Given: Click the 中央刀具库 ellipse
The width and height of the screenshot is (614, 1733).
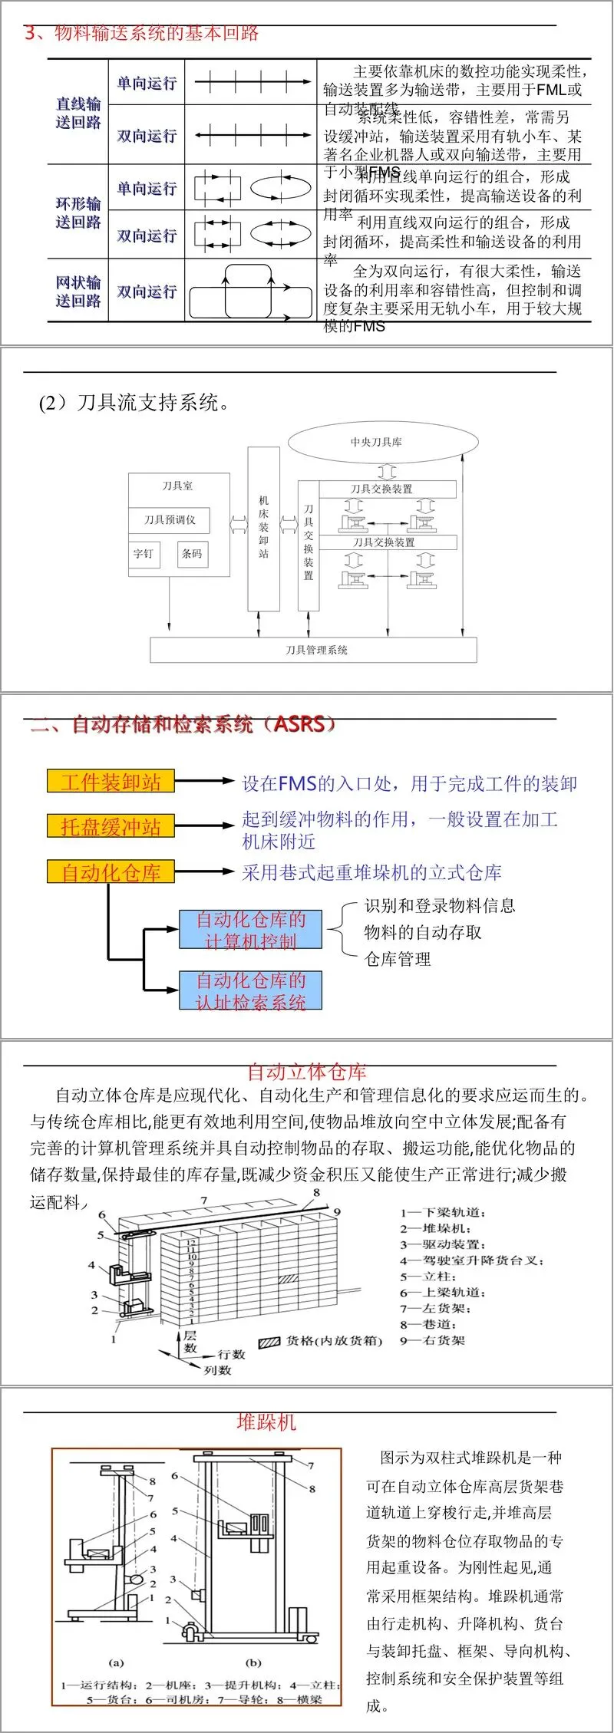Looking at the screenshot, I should click(x=383, y=442).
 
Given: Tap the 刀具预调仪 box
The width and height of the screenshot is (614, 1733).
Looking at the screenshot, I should click(x=169, y=520).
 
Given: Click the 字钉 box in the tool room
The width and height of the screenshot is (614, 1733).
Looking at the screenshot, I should click(x=144, y=553).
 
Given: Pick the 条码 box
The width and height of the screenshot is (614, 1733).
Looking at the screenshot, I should click(x=192, y=553).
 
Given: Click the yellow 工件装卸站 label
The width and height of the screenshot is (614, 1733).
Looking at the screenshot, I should click(x=111, y=782).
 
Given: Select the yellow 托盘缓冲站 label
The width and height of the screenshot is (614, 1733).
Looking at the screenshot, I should click(x=111, y=826).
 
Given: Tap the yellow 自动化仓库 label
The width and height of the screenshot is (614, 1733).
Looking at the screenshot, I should click(x=111, y=871).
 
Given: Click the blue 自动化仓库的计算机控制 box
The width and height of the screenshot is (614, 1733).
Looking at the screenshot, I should click(x=250, y=930).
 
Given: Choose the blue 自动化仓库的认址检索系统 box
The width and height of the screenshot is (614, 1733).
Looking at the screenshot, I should click(x=250, y=990).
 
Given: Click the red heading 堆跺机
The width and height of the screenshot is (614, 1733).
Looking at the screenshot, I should click(x=266, y=1422).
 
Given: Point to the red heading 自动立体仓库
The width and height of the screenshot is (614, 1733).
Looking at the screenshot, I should click(x=306, y=1072).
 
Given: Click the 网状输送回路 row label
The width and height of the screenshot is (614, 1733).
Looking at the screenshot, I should click(x=78, y=292).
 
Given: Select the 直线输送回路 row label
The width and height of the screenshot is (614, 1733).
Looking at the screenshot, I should click(x=78, y=113).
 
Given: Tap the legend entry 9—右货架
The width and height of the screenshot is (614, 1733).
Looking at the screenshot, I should click(x=433, y=1340).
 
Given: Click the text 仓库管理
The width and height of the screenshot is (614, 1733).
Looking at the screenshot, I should click(x=398, y=959).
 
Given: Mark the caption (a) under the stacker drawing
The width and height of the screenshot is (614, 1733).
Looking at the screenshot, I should click(x=116, y=1663).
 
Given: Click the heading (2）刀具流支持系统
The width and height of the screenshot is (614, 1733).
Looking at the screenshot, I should click(x=135, y=402).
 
